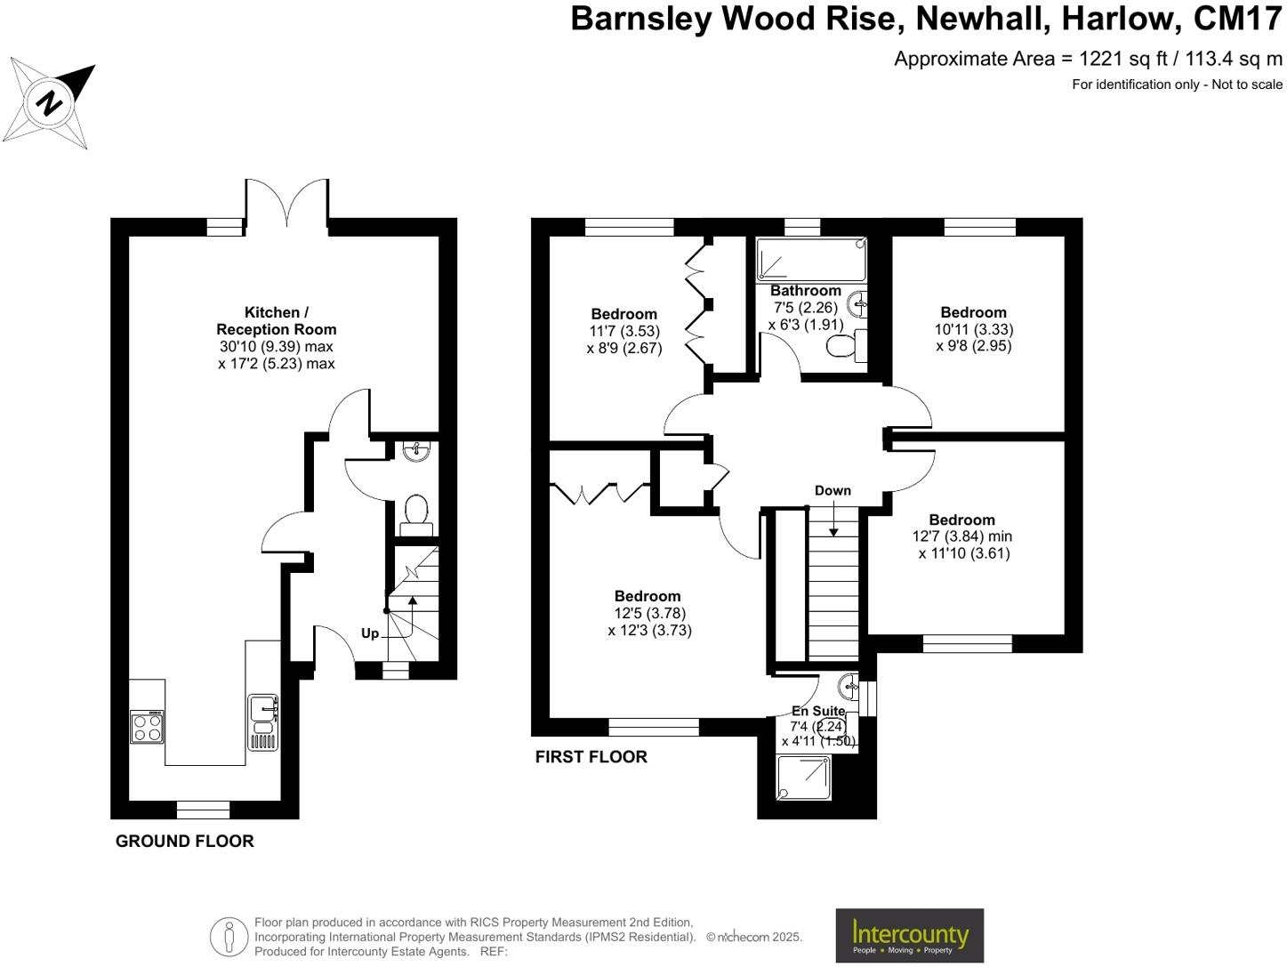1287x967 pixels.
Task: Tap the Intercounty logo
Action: coord(909,935)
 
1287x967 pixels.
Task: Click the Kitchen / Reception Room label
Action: coord(277,321)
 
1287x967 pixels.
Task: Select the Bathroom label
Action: coord(806,291)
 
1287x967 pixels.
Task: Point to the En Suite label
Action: coord(818,711)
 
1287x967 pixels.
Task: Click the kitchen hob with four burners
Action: coord(148,726)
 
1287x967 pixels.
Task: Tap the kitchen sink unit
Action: coord(263,721)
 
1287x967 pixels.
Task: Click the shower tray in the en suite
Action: coord(803,777)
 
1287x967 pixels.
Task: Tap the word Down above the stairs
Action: coord(833,491)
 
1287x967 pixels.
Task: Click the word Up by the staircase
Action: coord(370,633)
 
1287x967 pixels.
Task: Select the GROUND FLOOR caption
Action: coord(185,842)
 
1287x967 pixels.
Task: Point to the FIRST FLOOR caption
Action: coord(591,757)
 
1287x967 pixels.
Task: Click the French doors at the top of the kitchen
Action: coord(287,203)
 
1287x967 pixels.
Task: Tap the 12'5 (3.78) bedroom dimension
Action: coord(650,613)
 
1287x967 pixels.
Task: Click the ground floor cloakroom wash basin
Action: coord(415,452)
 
